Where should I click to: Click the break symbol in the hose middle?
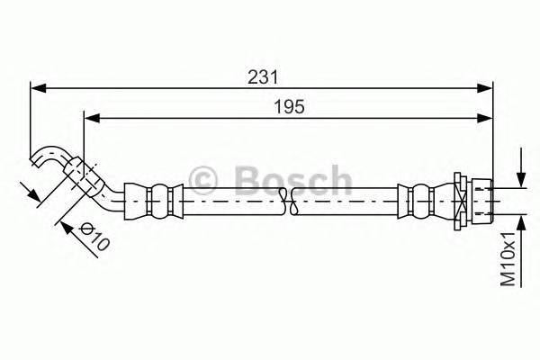pos(294,203)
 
